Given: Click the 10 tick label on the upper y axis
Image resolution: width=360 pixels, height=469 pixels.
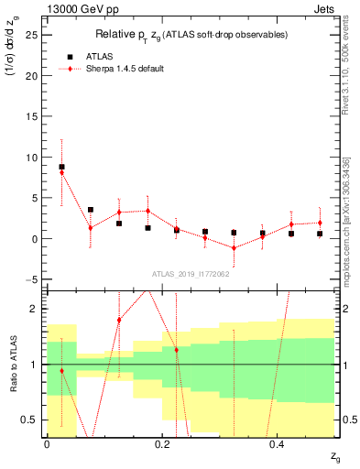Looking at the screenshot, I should [x=34, y=157].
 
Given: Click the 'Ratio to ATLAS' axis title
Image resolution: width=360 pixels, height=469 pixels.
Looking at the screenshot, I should [x=12, y=366].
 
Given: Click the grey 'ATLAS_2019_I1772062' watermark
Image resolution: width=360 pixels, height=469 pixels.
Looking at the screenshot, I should [x=190, y=273].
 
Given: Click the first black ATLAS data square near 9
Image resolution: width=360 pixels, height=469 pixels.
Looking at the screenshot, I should [x=61, y=167].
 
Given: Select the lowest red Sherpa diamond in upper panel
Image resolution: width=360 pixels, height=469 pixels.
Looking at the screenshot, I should [x=234, y=247].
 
